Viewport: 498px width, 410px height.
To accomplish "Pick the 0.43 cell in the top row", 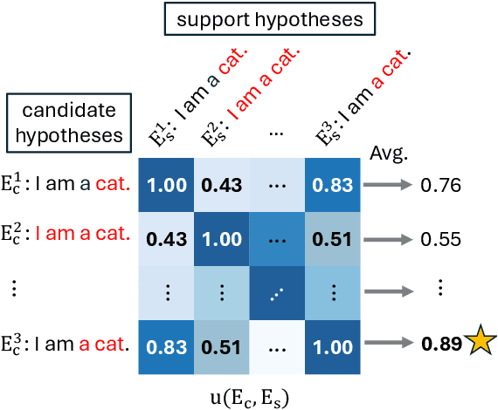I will coord(222,186).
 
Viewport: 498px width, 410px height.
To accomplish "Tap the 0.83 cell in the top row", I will coord(332,186).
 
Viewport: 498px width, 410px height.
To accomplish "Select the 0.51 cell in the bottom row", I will coord(222,344).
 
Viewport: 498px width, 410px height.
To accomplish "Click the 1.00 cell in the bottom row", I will coord(332,344).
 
